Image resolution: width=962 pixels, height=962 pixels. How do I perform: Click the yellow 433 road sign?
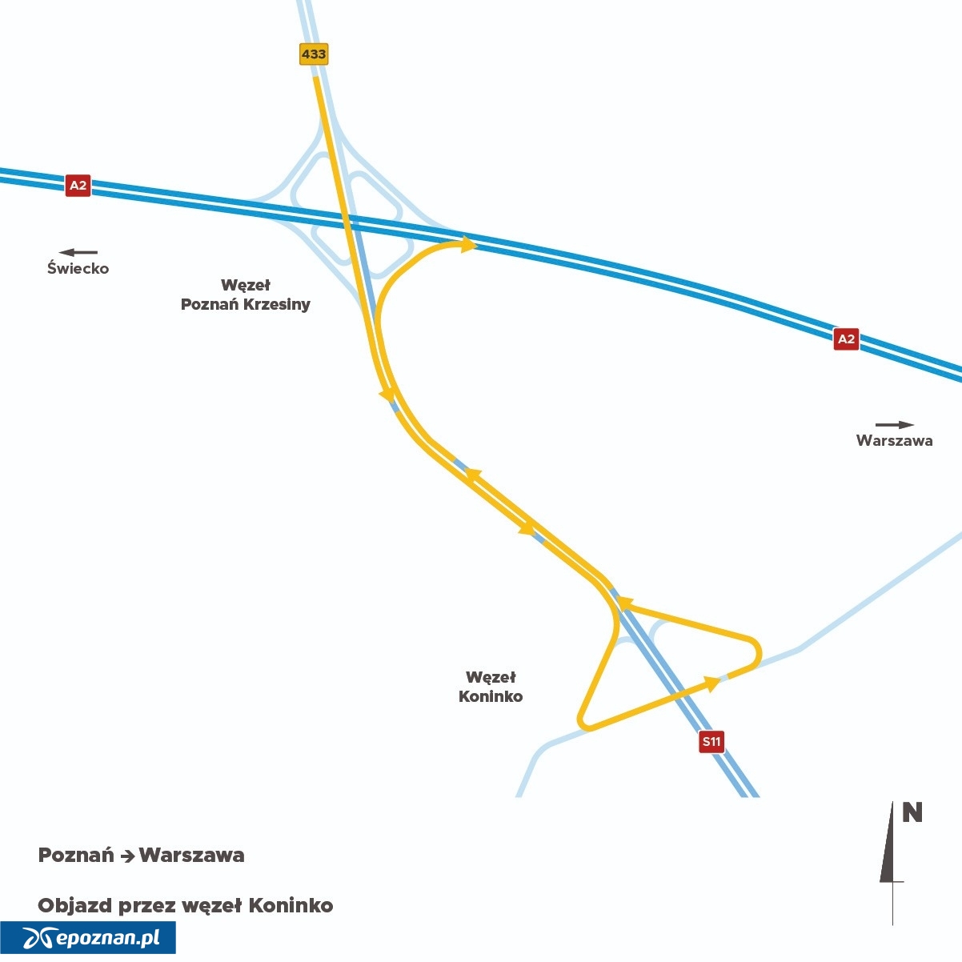pyautogui.click(x=314, y=54)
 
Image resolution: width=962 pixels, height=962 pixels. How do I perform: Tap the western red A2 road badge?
pyautogui.click(x=78, y=186)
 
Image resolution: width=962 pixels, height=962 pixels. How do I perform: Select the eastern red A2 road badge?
pyautogui.click(x=846, y=339)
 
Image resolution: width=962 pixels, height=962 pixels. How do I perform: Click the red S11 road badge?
pyautogui.click(x=711, y=741)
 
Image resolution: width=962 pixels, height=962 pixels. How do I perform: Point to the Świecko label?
pyautogui.click(x=78, y=268)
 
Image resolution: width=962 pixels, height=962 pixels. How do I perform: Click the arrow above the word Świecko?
pyautogui.click(x=78, y=253)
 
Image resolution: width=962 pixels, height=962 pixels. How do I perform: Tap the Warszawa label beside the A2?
pyautogui.click(x=894, y=440)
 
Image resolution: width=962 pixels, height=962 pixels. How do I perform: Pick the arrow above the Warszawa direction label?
pyautogui.click(x=895, y=425)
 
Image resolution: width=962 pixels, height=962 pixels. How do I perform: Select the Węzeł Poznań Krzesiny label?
pyautogui.click(x=245, y=295)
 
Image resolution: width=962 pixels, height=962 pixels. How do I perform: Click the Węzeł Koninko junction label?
pyautogui.click(x=491, y=687)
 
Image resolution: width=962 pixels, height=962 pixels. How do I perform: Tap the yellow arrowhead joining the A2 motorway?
pyautogui.click(x=468, y=245)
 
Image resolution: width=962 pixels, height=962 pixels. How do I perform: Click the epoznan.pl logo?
pyautogui.click(x=88, y=937)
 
